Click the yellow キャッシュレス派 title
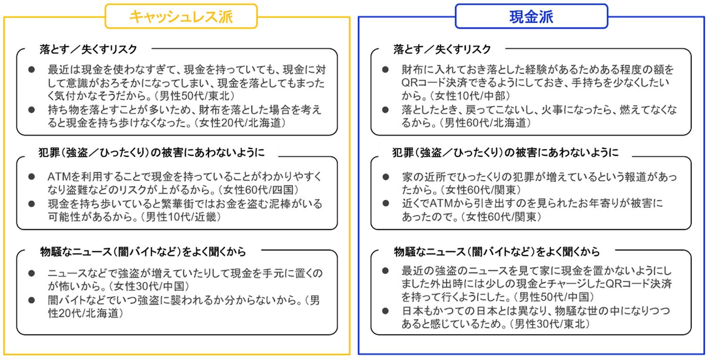pos(181,17)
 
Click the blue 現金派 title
pos(531,17)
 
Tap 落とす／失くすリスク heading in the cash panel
pos(442,49)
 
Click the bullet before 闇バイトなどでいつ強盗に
pos(32,300)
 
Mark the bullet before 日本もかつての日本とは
pos(385,311)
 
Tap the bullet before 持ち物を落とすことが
pos(32,110)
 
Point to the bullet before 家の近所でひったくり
pos(385,177)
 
